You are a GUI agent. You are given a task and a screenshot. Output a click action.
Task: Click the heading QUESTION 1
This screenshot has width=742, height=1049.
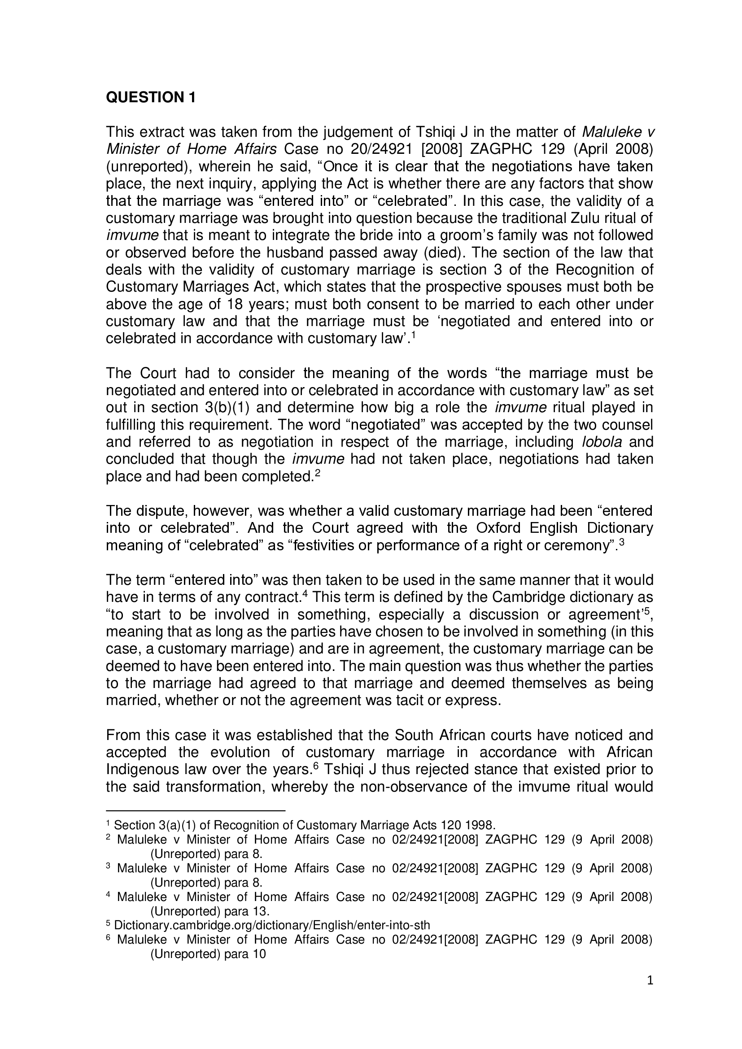[x=151, y=97]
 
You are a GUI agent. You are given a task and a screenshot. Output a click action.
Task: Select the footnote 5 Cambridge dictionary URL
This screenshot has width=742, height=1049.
[x=272, y=924]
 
